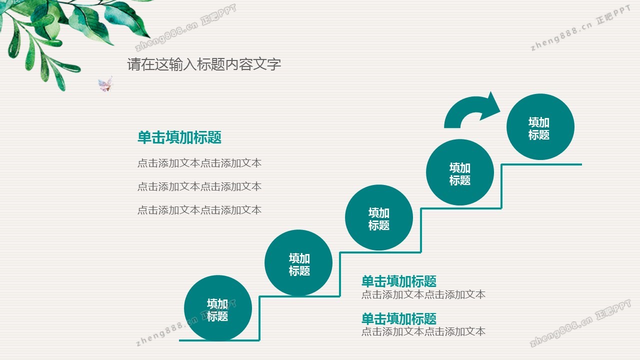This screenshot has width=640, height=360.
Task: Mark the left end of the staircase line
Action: (x=179, y=340)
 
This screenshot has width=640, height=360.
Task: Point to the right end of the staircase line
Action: (x=581, y=164)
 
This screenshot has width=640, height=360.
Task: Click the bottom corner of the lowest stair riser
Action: (x=259, y=340)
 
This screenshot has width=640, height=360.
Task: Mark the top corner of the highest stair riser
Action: (x=501, y=164)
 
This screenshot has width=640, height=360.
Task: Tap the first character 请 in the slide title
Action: (x=133, y=64)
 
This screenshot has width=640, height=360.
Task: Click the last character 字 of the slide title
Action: (x=274, y=64)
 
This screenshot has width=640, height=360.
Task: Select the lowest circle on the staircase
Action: (x=218, y=308)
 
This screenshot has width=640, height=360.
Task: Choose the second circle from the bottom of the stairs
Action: (x=298, y=262)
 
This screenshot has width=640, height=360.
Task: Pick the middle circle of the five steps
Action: (x=379, y=217)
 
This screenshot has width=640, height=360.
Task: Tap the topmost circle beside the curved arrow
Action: (x=540, y=126)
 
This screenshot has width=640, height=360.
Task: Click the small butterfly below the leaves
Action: (x=105, y=84)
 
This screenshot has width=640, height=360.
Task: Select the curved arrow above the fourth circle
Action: (x=472, y=109)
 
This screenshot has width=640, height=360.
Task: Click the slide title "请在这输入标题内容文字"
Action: (x=204, y=64)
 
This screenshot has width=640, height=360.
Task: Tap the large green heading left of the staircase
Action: (x=179, y=137)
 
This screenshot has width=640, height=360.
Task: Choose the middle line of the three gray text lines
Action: (x=199, y=186)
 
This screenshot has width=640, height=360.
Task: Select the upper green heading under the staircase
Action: (x=399, y=281)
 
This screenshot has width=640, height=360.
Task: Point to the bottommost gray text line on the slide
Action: (x=423, y=331)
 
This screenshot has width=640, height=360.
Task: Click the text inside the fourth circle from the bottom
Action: (x=460, y=174)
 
